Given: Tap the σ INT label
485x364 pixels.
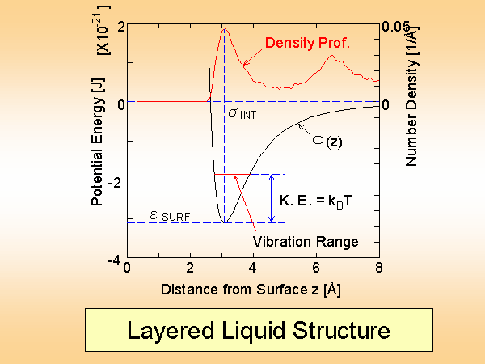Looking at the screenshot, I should coord(242,114).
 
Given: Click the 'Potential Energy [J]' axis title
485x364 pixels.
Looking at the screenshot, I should coord(97,142).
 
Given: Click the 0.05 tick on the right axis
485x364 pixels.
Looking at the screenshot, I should coord(395,25).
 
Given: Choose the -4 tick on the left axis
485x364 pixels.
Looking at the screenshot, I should coord(116,259).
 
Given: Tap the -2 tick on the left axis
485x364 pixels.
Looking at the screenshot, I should coord(116,180).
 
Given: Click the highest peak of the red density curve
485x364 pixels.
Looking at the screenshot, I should coord(224,30).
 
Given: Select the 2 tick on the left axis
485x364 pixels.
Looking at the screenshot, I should coord(120,25).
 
